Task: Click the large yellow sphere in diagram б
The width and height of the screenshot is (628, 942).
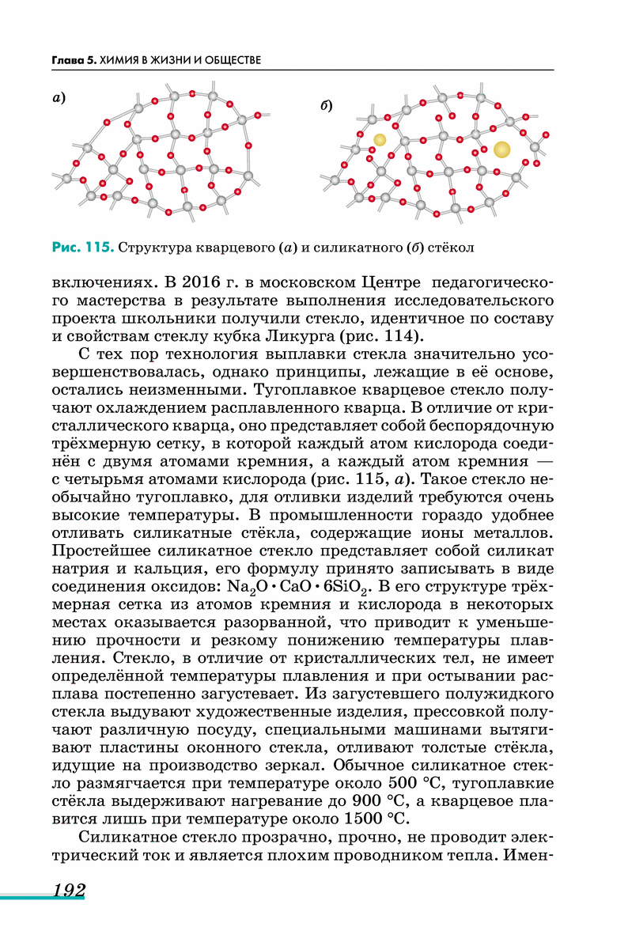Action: [501, 149]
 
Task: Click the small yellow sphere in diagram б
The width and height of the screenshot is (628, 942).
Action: [380, 140]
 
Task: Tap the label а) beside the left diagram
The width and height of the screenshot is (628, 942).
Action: [58, 98]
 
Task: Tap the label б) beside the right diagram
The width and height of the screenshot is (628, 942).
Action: [326, 105]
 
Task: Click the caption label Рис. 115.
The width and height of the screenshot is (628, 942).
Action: [83, 248]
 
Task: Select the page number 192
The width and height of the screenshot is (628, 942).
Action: [69, 890]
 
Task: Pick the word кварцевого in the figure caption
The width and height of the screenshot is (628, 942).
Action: [225, 248]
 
